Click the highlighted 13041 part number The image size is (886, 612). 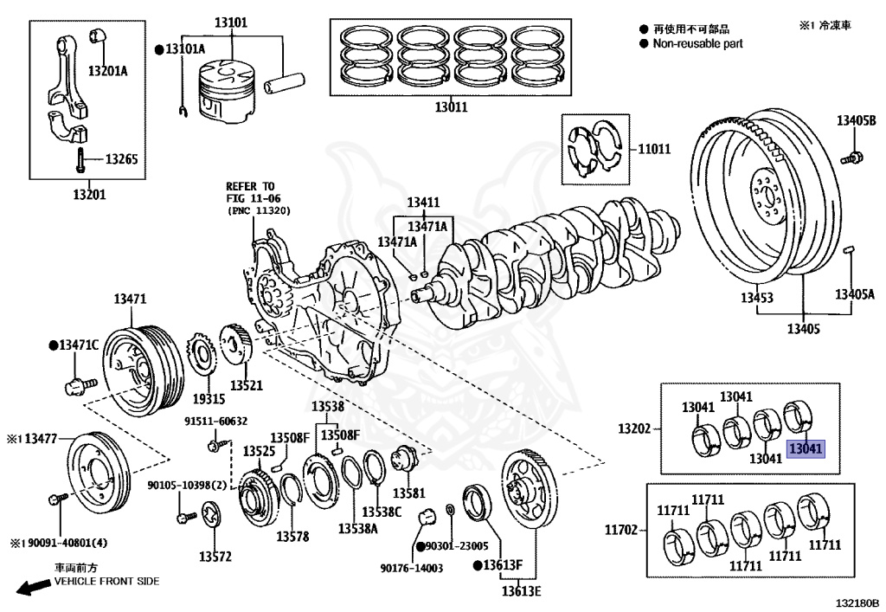tap(806, 448)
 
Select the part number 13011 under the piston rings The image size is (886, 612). tap(450, 108)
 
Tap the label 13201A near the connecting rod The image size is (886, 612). tap(107, 70)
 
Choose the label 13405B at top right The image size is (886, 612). tap(856, 120)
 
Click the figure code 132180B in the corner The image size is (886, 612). tap(857, 601)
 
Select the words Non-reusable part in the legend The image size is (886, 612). tap(697, 43)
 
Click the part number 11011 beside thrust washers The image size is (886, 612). tap(654, 149)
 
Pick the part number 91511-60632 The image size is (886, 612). tap(215, 422)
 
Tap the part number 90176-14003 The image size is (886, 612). tap(411, 568)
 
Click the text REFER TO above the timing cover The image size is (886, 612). tap(250, 185)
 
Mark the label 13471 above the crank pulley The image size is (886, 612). tap(130, 300)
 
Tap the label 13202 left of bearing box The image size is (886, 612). tap(633, 428)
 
